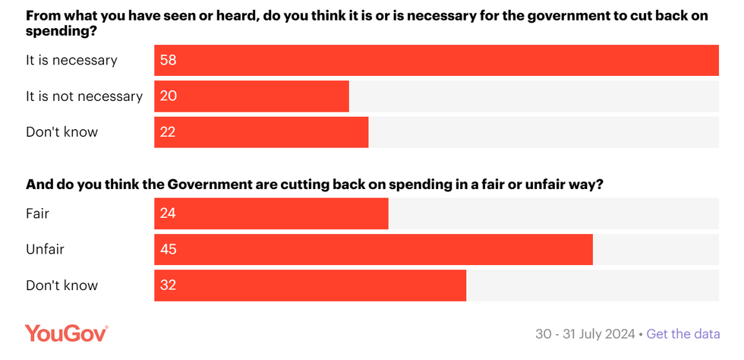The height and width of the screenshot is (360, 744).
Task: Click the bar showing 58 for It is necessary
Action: tap(436, 61)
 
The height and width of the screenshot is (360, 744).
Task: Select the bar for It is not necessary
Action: tap(251, 96)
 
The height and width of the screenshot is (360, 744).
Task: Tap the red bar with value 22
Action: tap(261, 132)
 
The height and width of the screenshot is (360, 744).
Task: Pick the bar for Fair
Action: tap(271, 213)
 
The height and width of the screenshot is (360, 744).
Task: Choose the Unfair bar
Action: tap(373, 249)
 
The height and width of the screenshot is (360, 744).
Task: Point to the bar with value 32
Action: tap(310, 286)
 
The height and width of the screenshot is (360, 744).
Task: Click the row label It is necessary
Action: tap(71, 61)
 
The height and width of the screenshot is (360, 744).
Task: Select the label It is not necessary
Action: tap(84, 96)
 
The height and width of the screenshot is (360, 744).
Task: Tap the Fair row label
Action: tap(38, 213)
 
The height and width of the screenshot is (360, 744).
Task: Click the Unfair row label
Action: tap(46, 249)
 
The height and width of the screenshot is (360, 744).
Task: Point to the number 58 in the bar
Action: tap(169, 61)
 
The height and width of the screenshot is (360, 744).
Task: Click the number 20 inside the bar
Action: tap(169, 96)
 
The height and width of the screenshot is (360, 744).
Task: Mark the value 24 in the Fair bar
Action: tap(169, 213)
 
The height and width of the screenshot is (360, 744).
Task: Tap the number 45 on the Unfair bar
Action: tap(169, 249)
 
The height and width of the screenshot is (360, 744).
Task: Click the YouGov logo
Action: tap(67, 333)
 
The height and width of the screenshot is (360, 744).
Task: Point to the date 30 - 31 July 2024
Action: tap(585, 334)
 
